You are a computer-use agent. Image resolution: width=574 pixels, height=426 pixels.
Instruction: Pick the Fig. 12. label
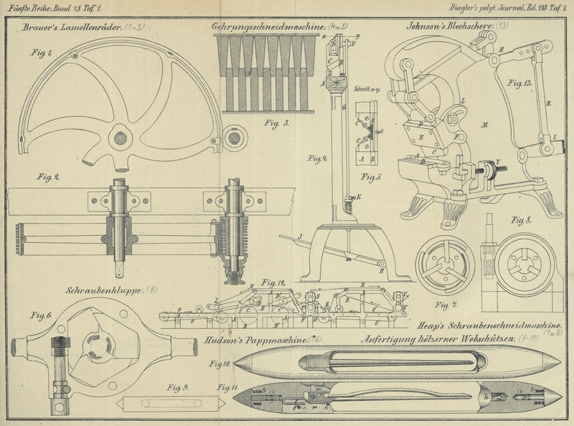click(x=273, y=281)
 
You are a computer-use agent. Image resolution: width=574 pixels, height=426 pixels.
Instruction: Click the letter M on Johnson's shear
click(x=486, y=124)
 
